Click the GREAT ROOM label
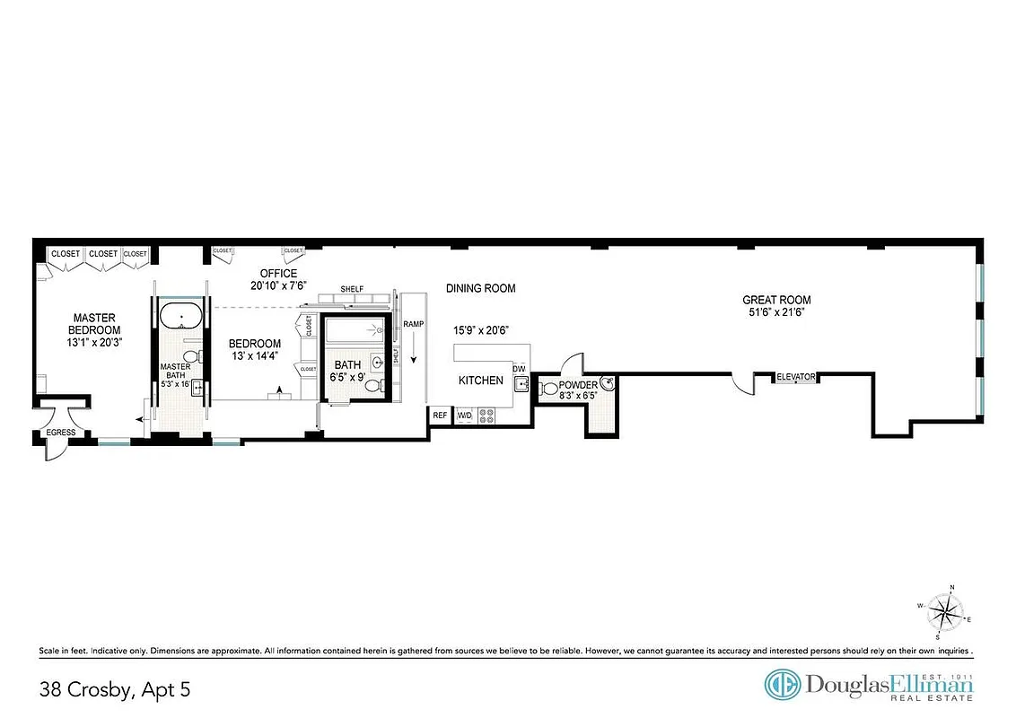pos(776,300)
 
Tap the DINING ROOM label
pos(481,288)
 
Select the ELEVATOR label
pos(796,377)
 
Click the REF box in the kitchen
pos(440,416)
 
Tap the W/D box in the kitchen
pos(464,416)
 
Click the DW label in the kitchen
pos(518,369)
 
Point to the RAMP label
pos(413,323)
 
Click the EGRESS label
pos(61,433)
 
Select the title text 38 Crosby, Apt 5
pos(115,689)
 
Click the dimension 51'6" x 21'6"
pos(776,313)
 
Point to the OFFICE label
pos(278,274)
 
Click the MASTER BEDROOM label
pos(96,323)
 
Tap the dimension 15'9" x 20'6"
pos(481,330)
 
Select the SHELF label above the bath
pos(352,288)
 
